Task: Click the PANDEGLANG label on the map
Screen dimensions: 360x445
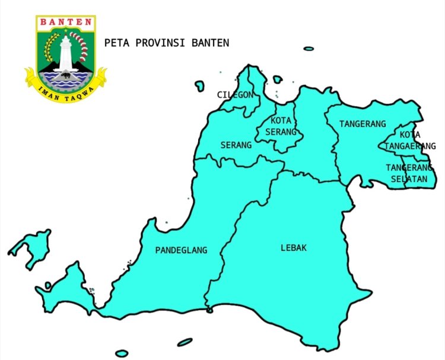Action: (x=182, y=250)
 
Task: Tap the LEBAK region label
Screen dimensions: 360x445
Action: (x=294, y=248)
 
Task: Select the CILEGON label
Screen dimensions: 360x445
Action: (x=235, y=95)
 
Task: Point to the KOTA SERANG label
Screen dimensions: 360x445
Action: (x=280, y=126)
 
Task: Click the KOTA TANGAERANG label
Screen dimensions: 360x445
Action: (x=410, y=141)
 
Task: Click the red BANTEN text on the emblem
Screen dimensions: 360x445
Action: (x=66, y=23)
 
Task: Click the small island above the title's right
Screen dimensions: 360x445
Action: (x=309, y=49)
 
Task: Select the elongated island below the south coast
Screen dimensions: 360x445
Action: (x=185, y=342)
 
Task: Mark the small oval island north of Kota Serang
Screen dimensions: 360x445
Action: (x=277, y=79)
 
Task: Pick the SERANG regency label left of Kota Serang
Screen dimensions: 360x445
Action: (x=236, y=145)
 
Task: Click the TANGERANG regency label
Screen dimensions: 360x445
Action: (x=363, y=124)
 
